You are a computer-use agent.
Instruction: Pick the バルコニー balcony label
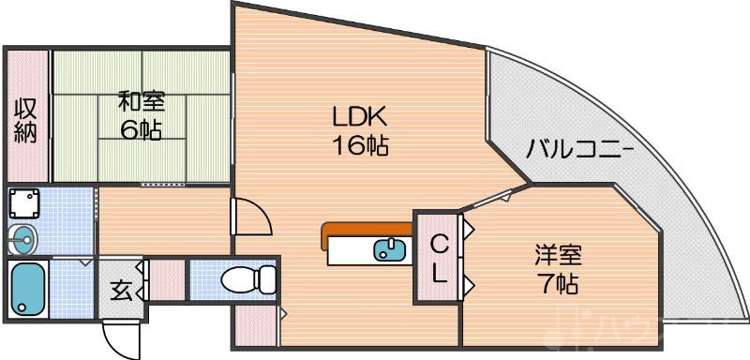(x=579, y=149)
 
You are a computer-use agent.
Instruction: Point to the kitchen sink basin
(x=389, y=250)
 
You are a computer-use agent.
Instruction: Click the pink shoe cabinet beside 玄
(x=165, y=280)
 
